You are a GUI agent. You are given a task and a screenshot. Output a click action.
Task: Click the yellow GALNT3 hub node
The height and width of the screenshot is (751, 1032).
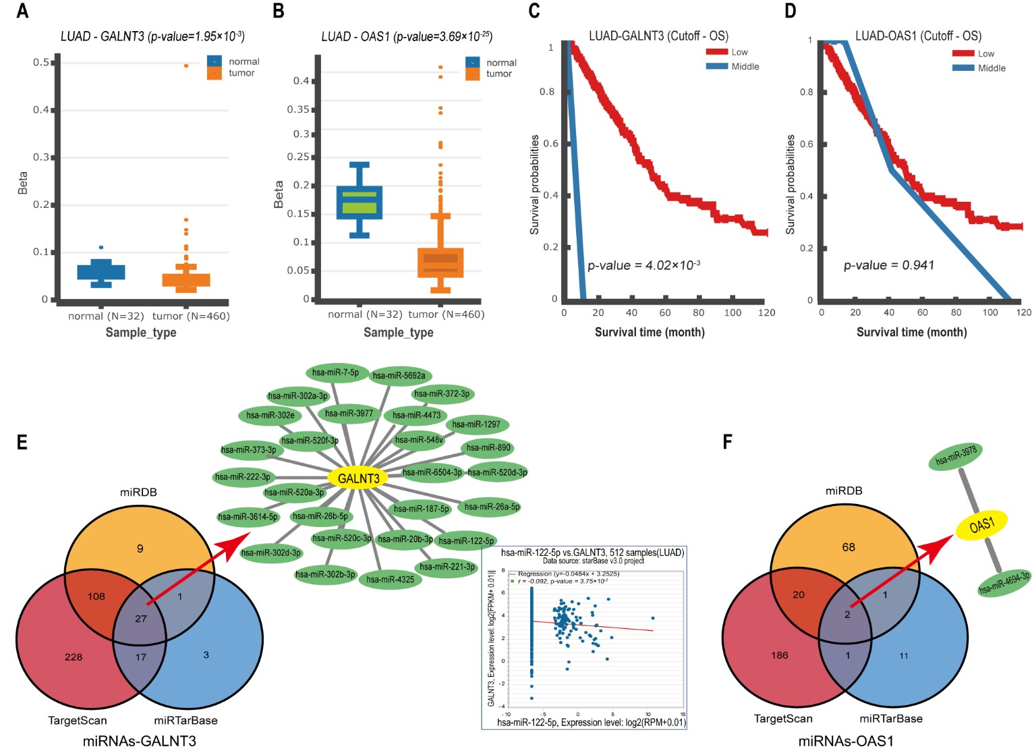(358, 478)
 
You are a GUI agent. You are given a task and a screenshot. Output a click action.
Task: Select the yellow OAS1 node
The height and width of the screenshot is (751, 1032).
(981, 525)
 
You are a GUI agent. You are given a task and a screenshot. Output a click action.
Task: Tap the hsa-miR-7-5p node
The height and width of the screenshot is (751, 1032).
(336, 372)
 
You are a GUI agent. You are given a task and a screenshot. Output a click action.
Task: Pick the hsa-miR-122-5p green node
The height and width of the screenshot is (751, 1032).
(466, 540)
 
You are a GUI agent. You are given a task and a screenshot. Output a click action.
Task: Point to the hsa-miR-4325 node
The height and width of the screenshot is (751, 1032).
(391, 580)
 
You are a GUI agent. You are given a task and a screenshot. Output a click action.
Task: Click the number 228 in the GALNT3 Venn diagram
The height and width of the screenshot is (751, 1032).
(74, 657)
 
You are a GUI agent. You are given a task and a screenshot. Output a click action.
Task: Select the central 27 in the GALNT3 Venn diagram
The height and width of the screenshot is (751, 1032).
(140, 618)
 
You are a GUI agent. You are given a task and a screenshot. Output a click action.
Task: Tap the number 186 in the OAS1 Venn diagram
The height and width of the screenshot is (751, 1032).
(779, 655)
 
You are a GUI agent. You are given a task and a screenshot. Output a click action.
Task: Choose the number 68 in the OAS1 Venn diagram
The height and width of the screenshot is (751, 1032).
(849, 547)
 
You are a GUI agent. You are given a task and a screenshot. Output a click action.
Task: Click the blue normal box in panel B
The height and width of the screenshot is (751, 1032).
(360, 202)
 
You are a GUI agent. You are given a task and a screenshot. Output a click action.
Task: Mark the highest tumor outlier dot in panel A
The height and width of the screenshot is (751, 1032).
(186, 65)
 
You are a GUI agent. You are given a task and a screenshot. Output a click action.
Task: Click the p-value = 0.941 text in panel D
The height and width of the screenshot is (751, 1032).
(889, 265)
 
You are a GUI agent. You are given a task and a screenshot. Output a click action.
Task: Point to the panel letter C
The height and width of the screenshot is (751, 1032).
(534, 11)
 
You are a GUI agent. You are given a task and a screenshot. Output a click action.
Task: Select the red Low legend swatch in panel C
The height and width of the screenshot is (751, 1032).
(717, 52)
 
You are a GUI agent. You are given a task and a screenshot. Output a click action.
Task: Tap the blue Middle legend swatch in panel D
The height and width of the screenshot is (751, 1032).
(963, 68)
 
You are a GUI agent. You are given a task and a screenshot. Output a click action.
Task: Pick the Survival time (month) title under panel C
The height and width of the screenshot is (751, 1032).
(650, 332)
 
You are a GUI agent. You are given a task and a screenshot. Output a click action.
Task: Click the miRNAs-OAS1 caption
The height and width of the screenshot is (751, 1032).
(846, 741)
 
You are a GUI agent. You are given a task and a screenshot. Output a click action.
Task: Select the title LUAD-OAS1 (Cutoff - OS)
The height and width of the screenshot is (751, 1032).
(918, 36)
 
